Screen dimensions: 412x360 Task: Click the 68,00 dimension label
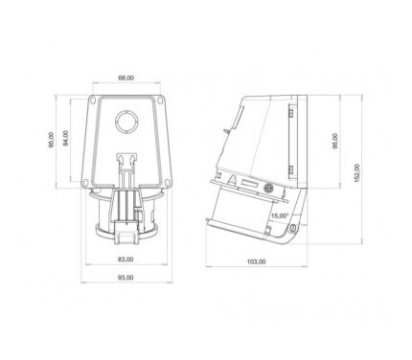[x=126, y=78]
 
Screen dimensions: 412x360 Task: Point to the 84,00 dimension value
[x=66, y=138]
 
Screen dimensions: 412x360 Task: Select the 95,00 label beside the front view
[x=51, y=140]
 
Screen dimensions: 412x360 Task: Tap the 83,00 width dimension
[x=126, y=259]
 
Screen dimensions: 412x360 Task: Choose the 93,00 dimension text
[x=126, y=278]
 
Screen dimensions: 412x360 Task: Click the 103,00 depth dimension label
[x=256, y=261]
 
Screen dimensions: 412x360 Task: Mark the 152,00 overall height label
[x=357, y=173]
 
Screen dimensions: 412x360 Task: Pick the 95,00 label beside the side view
[x=335, y=141]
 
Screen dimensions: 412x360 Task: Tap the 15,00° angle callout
[x=280, y=215]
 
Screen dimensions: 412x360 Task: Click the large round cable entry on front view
[x=126, y=122]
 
